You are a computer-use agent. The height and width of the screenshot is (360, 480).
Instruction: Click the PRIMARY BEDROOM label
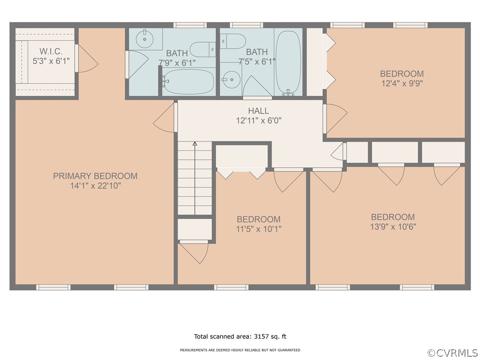[x=95, y=176]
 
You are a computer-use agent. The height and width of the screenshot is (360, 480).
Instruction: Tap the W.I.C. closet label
[x=51, y=51]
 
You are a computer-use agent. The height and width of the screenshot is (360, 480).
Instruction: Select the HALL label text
[x=259, y=111]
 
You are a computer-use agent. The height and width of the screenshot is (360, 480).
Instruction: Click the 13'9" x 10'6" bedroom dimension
[x=393, y=226]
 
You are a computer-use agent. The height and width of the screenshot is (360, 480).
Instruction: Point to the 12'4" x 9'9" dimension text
[x=402, y=83]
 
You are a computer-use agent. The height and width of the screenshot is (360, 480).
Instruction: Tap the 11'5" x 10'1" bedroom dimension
[x=259, y=229]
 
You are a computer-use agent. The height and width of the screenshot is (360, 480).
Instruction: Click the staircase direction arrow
[x=195, y=178]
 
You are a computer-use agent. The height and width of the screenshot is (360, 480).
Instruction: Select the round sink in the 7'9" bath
[x=144, y=39]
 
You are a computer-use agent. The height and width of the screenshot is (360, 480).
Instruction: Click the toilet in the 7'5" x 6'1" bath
[x=233, y=41]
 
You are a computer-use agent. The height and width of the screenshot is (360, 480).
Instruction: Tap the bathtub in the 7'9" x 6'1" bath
[x=188, y=82]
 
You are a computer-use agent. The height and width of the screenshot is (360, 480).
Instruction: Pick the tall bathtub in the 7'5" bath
[x=288, y=62]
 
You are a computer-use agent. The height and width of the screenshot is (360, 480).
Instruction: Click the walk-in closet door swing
[x=86, y=59]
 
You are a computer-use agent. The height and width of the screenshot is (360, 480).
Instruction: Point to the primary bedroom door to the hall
[x=165, y=117]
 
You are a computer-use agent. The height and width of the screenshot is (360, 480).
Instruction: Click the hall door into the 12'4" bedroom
[x=335, y=119]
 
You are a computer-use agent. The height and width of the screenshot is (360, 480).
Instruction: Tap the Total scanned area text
[x=240, y=337]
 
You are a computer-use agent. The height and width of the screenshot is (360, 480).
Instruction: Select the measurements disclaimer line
[x=240, y=350]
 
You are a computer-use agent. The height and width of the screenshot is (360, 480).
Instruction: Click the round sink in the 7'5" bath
[x=231, y=80]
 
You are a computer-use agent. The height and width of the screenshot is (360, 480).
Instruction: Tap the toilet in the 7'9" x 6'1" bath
[x=202, y=49]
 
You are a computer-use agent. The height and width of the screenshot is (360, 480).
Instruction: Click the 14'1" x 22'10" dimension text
[x=96, y=186]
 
